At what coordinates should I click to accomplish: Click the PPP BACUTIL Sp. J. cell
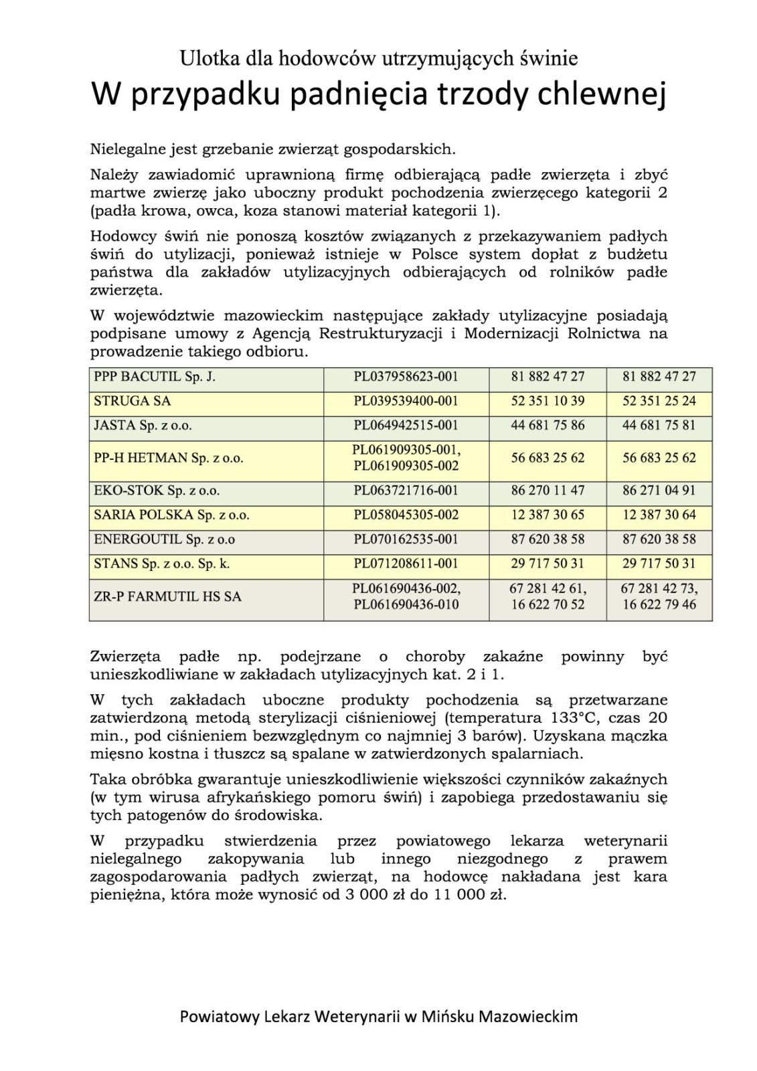pos(155,377)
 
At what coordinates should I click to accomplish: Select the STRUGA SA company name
pos(133,402)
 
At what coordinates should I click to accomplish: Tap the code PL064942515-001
pos(406,426)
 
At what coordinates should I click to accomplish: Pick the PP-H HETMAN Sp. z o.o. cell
pos(169,459)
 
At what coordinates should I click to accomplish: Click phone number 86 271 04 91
pos(659,491)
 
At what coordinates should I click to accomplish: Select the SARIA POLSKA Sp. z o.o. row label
pos(171,515)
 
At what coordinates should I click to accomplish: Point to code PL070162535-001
pos(406,540)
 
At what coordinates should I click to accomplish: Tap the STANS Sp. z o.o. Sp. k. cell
pos(162,564)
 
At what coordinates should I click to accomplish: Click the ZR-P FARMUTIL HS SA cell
pos(167,597)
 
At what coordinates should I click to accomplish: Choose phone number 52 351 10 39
pos(548,402)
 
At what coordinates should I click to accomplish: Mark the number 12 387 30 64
pos(659,515)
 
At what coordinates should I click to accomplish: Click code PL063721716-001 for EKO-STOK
pos(406,491)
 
